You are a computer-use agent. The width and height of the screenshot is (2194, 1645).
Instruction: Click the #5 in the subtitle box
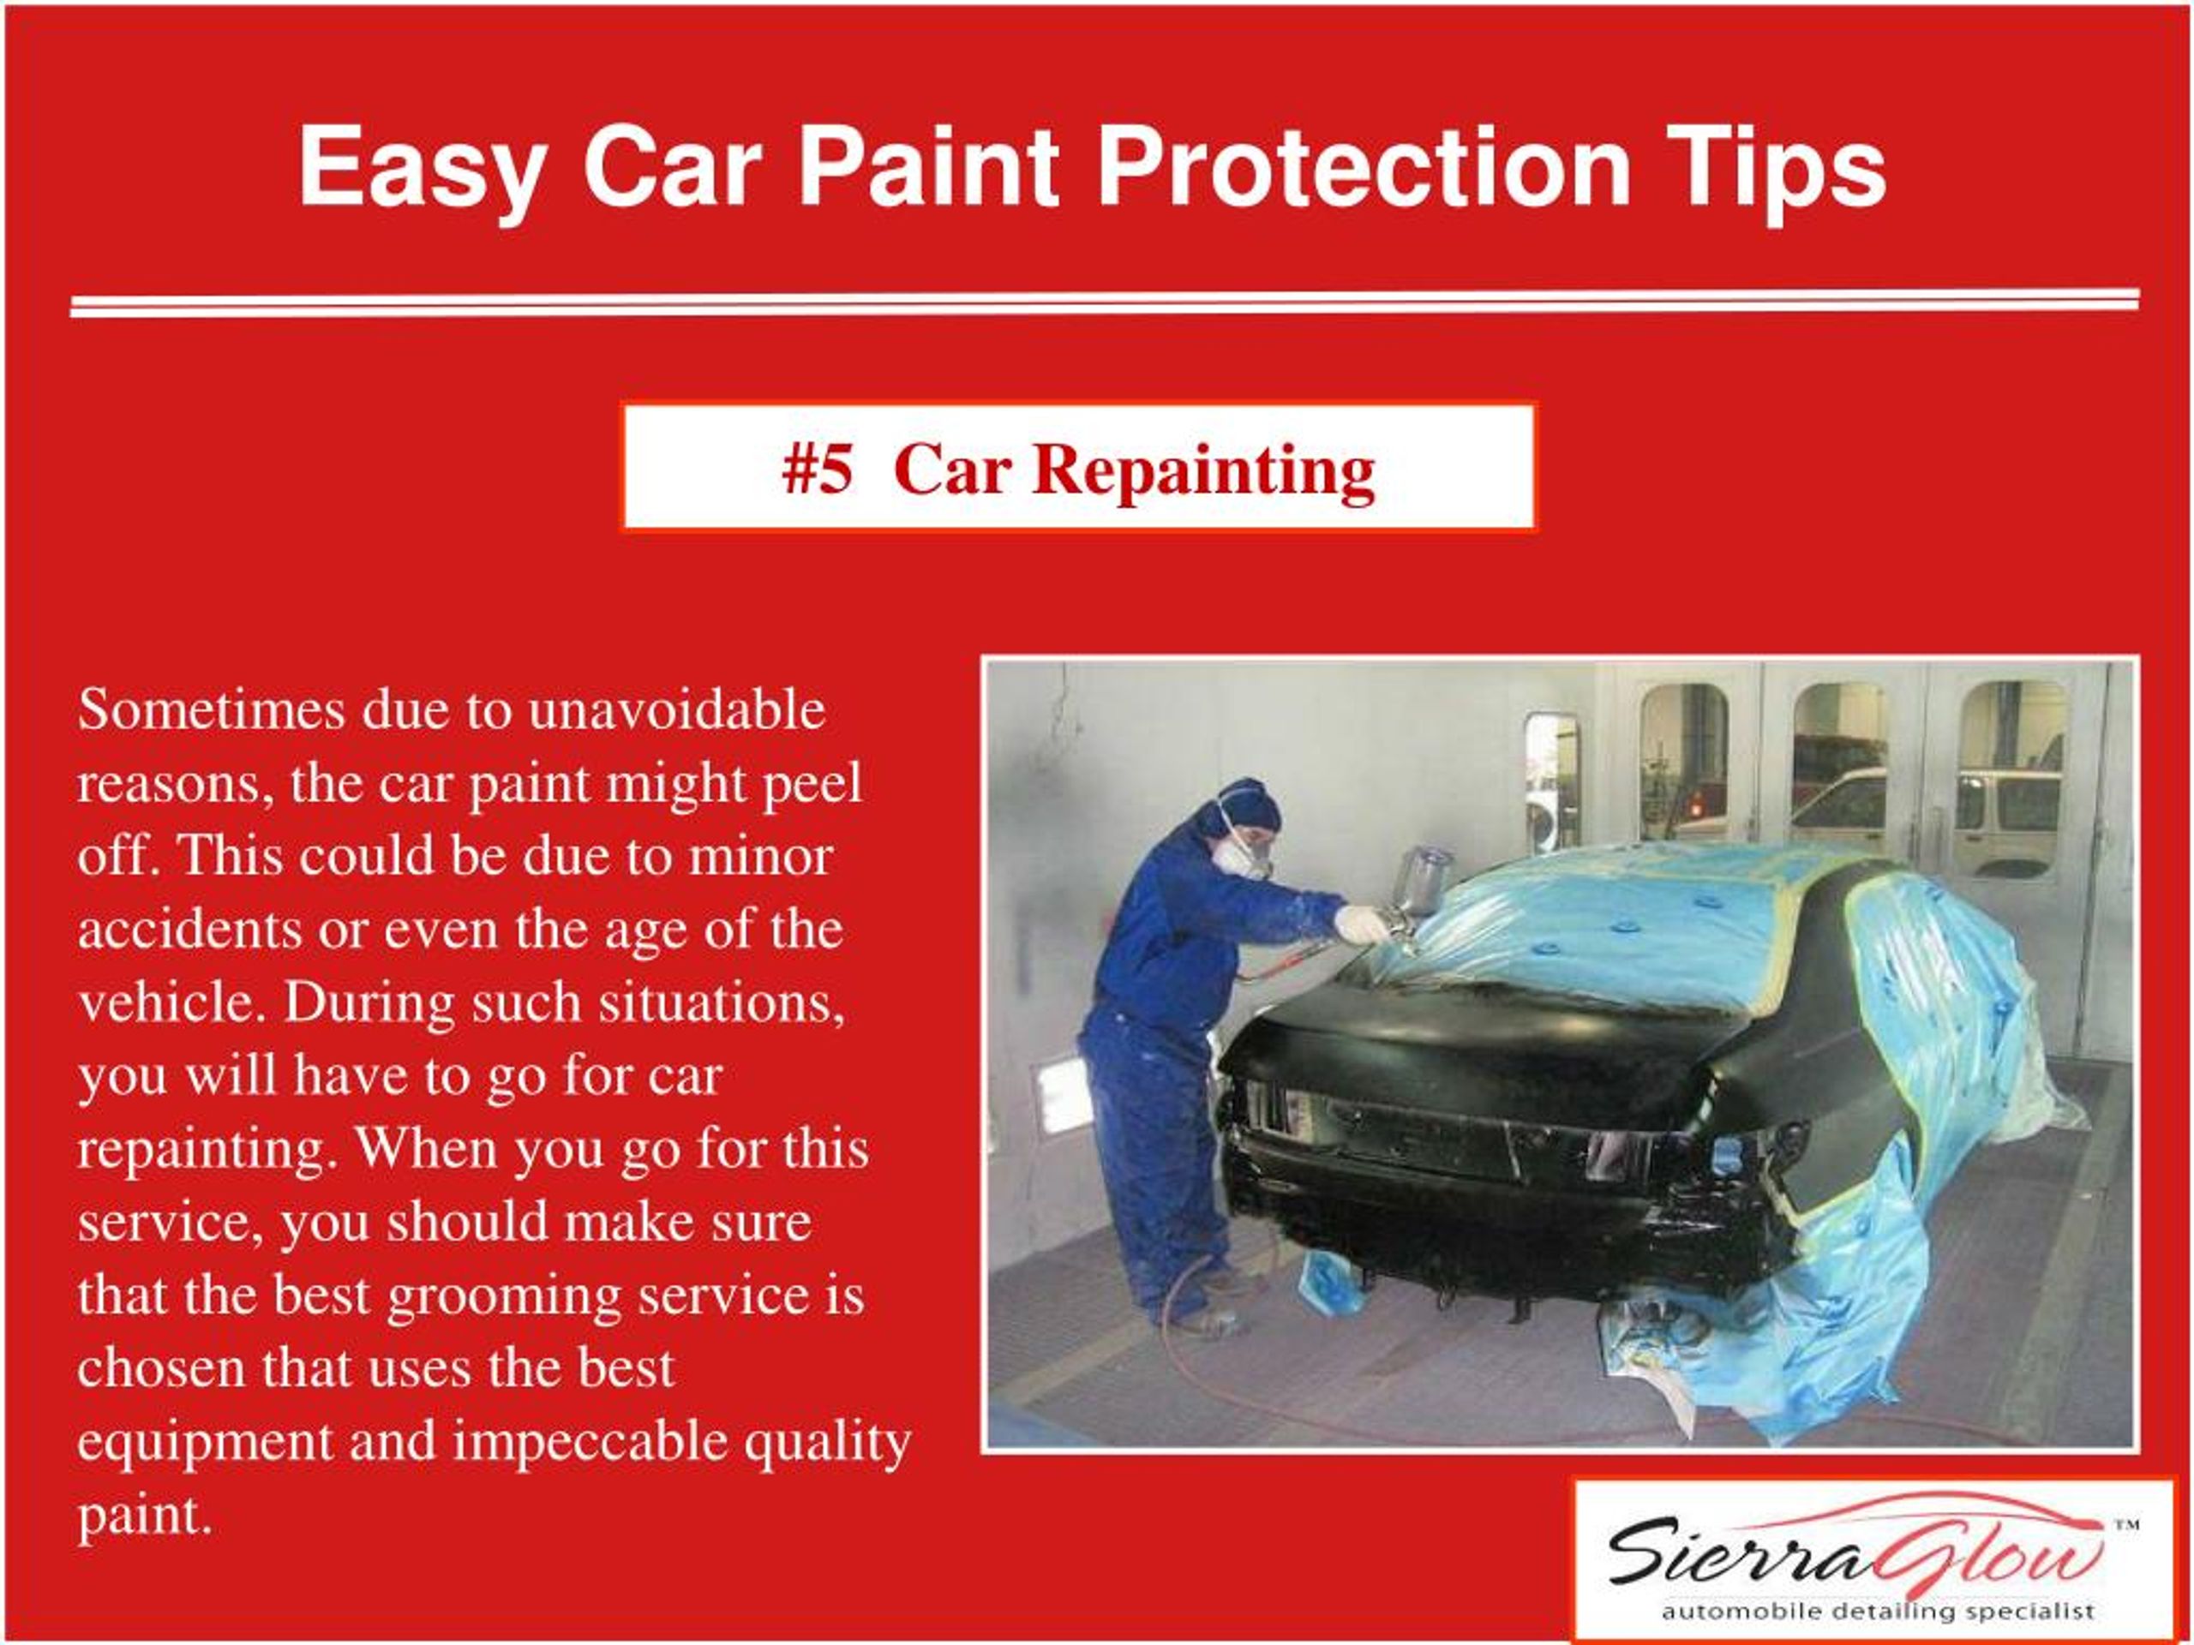[x=816, y=468]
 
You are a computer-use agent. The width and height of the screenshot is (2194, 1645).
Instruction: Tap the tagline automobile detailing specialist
[x=1878, y=1612]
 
